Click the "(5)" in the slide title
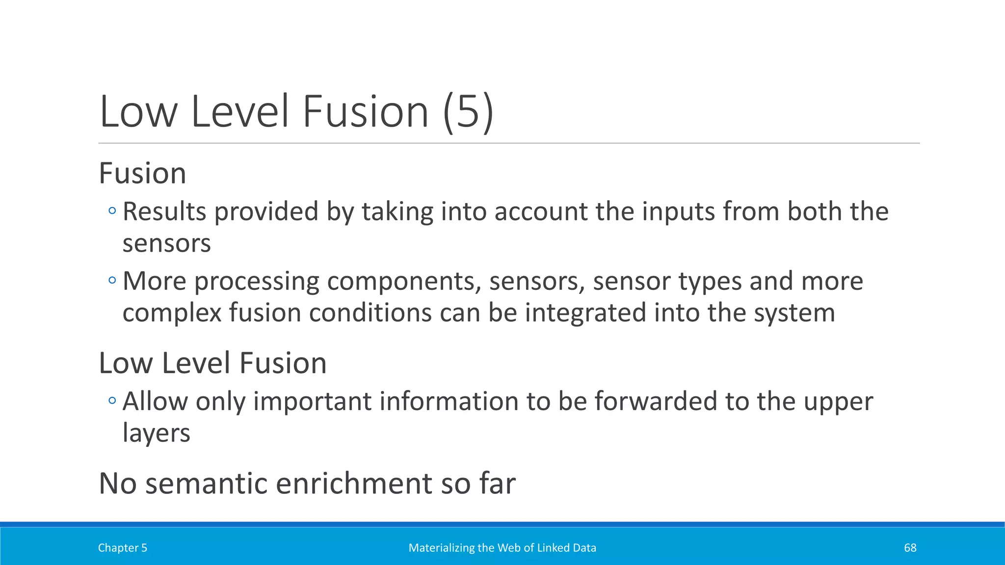[468, 112]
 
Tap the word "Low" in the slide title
[138, 112]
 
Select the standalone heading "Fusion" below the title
[142, 173]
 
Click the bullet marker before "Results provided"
[112, 211]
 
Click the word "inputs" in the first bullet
[678, 212]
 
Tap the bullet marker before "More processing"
[112, 281]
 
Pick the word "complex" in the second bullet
[172, 313]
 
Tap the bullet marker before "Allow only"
[112, 401]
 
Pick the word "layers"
[156, 433]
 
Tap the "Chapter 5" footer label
[123, 548]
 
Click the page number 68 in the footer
[910, 548]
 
